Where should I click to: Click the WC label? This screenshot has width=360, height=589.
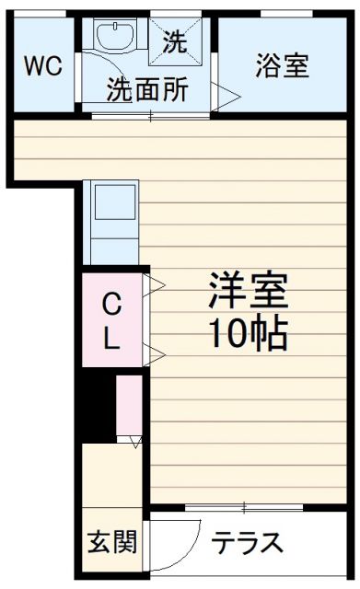tap(43, 66)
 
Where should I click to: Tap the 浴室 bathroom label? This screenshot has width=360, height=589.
tap(282, 66)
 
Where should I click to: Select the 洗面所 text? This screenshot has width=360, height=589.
tap(148, 90)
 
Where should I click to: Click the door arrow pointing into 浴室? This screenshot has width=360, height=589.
tap(227, 92)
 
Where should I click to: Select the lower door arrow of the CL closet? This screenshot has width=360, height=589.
tap(153, 353)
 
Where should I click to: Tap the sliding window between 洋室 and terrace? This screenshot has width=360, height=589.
tap(244, 507)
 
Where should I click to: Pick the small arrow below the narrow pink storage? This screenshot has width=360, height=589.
tap(136, 442)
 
